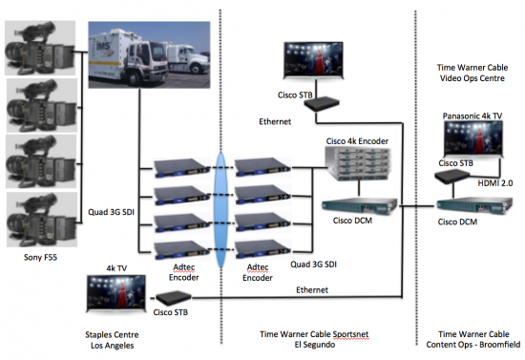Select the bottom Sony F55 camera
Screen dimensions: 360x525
[x=38, y=218]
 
